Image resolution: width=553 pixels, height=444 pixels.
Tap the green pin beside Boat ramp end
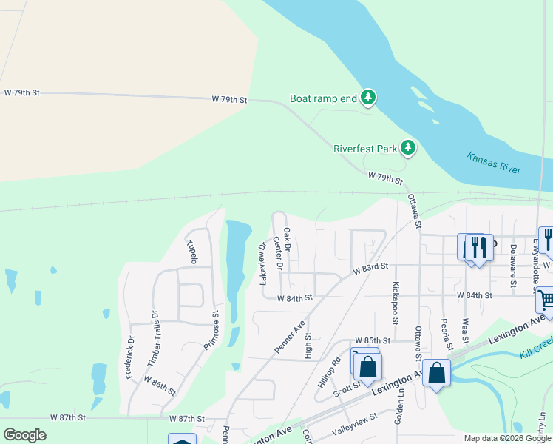coord(368,98)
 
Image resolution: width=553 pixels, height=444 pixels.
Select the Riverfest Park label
coord(365,149)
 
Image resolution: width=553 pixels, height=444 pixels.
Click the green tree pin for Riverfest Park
coord(407,148)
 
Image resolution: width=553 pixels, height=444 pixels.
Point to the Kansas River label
coord(494,163)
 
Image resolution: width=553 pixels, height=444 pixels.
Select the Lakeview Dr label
coord(262,263)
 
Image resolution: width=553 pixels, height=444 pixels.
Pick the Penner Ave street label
coord(289,337)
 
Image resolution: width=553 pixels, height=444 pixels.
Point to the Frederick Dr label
coord(130,358)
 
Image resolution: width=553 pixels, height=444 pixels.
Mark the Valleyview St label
coord(355,417)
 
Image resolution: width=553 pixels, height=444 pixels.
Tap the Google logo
coord(25,435)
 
